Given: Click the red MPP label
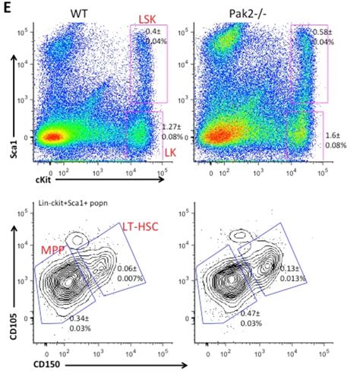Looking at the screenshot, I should point(50,249).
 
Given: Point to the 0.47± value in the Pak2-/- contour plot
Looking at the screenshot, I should point(247,312).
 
